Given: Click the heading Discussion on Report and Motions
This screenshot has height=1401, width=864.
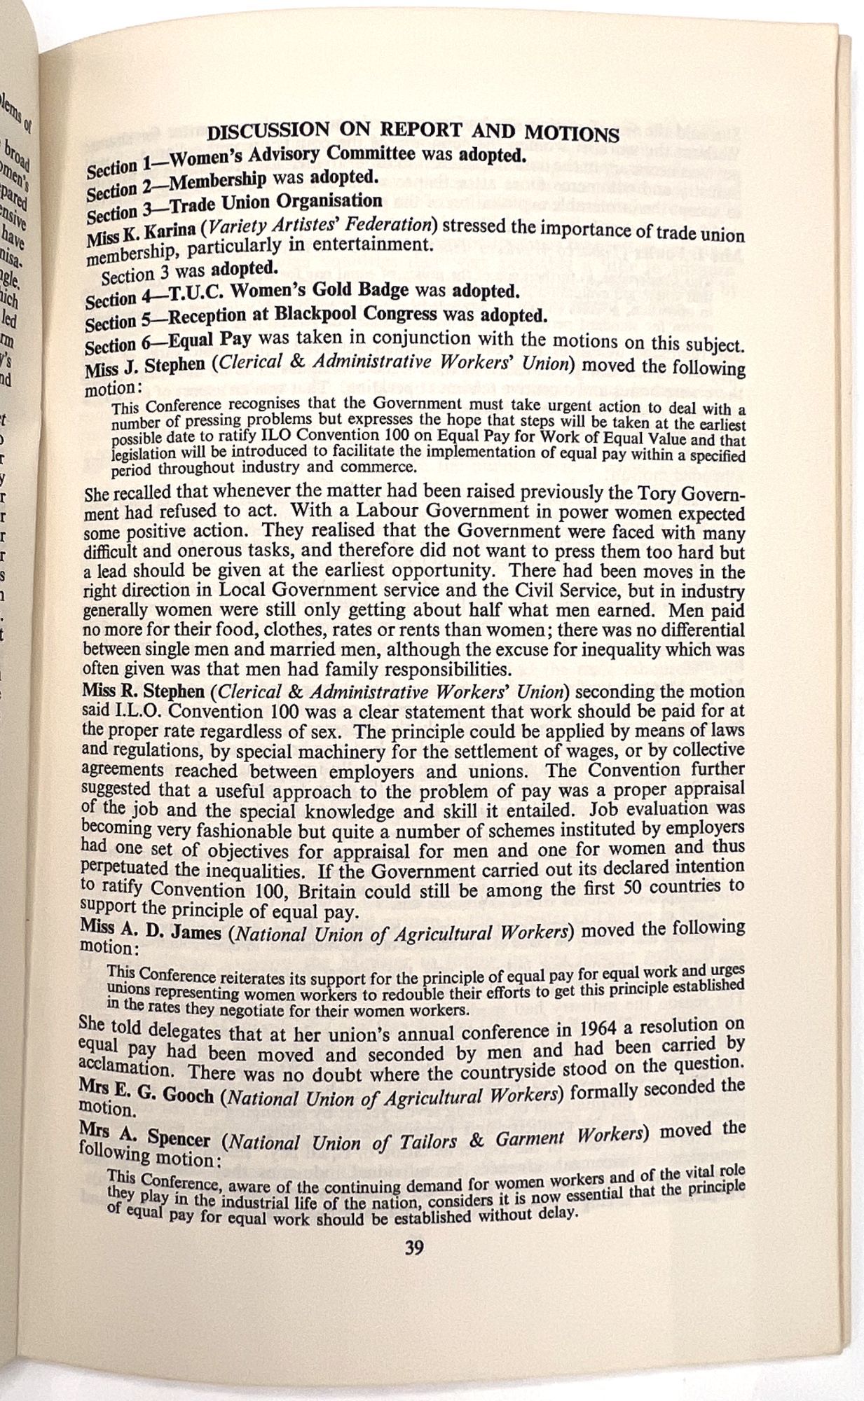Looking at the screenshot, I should (413, 133).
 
